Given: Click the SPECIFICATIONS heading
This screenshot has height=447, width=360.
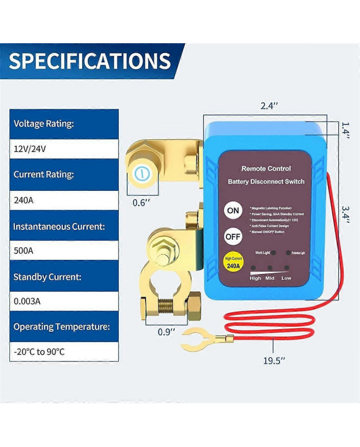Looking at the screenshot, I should tap(89, 61).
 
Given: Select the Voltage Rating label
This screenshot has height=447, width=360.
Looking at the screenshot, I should tap(44, 124).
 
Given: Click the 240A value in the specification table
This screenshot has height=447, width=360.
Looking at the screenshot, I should tap(24, 200).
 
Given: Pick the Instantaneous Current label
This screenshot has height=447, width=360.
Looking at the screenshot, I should tap(60, 226).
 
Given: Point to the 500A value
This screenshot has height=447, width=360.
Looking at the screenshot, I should tap(24, 251).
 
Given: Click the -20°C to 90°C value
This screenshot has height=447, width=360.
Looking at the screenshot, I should tap(39, 352).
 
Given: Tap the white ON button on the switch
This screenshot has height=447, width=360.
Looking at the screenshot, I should tap(233, 210).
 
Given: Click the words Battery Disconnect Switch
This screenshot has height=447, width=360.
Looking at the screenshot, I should tap(266, 182).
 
